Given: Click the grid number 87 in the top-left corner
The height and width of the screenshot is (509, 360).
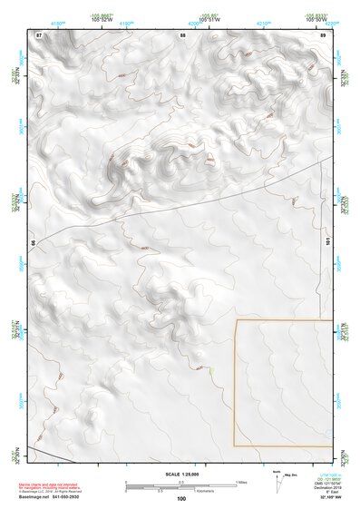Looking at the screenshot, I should coord(39,34).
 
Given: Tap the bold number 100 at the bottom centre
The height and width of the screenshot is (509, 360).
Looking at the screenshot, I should coord(181,498).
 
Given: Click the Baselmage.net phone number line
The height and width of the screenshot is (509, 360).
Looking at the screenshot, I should coord(55,496).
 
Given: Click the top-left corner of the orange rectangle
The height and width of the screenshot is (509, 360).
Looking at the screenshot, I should coord(236,320).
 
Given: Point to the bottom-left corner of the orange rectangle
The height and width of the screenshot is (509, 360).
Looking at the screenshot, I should coord(236,445).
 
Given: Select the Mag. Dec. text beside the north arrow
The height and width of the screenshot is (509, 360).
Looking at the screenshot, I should coord(291,475).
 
